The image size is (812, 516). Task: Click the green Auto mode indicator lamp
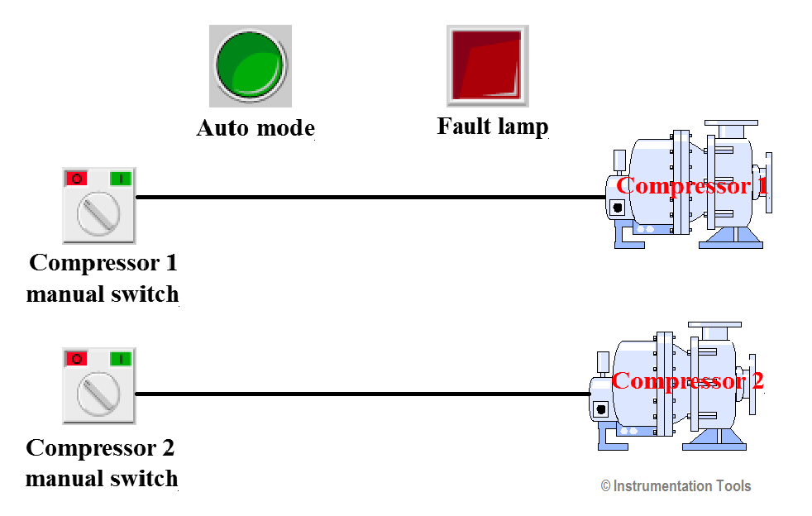point(250,65)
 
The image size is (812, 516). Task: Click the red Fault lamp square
point(488,65)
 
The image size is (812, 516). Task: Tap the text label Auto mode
point(255,129)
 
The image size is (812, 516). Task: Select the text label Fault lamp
point(493,127)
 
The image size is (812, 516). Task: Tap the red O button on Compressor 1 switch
point(76,178)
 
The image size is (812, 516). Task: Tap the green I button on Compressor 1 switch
point(121,178)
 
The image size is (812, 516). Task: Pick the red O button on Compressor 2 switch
point(76,358)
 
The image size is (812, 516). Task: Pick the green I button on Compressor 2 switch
point(121,358)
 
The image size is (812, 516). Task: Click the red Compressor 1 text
point(691,185)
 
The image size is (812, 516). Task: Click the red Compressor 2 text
point(687,381)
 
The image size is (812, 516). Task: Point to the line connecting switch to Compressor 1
point(372,198)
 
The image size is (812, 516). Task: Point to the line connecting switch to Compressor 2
point(364,394)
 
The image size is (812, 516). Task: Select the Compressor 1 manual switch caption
point(103,279)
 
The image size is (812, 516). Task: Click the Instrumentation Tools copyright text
point(676,486)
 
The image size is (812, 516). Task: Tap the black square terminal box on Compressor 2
point(600,408)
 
